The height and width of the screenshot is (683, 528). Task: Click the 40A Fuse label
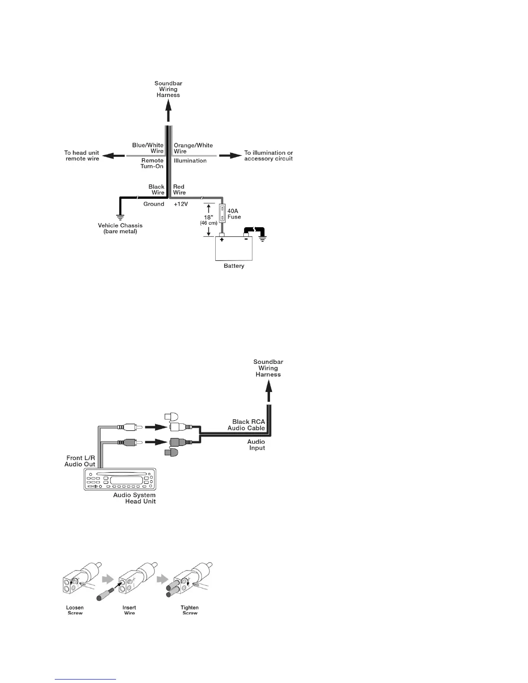pos(234,214)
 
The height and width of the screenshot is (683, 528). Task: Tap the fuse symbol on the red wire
pos(222,212)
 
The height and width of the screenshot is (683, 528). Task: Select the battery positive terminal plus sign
pos(221,239)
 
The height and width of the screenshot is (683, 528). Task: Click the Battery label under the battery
pos(234,266)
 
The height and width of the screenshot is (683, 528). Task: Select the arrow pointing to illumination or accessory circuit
pos(230,156)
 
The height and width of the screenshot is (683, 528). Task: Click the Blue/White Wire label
pos(148,148)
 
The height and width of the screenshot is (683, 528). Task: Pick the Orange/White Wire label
pos(193,148)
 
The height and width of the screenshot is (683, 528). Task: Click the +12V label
pos(181,204)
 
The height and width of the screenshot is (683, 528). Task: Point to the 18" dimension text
pos(208,217)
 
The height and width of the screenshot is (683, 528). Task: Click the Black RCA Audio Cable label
pos(246,425)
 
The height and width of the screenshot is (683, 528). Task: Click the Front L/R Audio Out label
pos(80,461)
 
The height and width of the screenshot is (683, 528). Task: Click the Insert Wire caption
pos(129,610)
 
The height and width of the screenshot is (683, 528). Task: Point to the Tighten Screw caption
pos(189,610)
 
